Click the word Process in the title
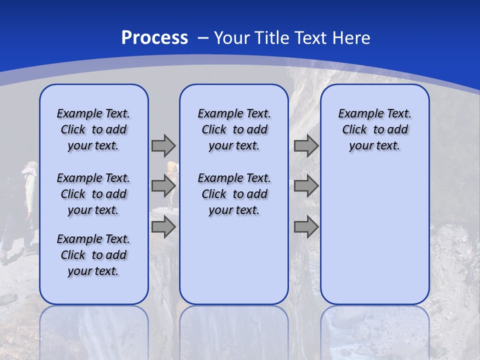pos(154,38)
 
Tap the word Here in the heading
pos(350,38)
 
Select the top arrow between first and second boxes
pos(163,146)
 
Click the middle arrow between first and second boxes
pos(163,186)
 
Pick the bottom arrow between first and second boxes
pos(163,227)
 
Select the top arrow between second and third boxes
pos(306,146)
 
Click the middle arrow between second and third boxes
pos(306,186)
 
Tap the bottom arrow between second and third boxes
pos(306,227)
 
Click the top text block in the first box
pos(93,129)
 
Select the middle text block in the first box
pos(93,194)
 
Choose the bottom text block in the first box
pos(93,255)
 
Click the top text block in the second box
pos(234,129)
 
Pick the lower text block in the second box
pos(234,194)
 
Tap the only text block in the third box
pos(375,129)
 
